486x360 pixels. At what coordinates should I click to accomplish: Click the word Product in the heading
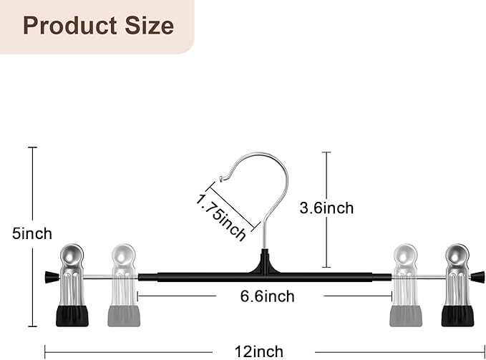coord(70,26)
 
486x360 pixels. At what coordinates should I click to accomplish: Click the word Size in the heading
coord(149,26)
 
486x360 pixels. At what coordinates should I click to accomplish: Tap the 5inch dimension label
coord(32,233)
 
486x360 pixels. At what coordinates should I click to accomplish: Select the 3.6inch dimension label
coord(326,208)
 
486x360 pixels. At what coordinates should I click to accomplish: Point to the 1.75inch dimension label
coord(220,217)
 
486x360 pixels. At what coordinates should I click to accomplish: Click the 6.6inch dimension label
coord(267,296)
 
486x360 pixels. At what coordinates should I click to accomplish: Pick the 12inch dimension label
coord(259,352)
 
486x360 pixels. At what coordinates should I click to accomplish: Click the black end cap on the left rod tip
coord(52,277)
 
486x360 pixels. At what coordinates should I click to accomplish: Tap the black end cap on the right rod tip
coord(477,277)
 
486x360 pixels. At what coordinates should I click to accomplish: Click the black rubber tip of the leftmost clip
coord(72,316)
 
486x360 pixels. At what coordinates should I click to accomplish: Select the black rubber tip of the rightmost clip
coord(457,316)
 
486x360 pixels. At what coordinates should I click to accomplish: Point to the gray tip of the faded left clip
coord(124,316)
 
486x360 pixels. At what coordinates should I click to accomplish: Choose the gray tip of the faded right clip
coord(406,316)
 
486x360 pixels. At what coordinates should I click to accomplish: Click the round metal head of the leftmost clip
coord(72,256)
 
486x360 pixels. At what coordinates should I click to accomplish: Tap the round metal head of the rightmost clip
coord(457,256)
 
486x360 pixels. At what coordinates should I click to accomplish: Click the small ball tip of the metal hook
coord(220,178)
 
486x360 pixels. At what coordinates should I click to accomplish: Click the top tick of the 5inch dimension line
coord(32,147)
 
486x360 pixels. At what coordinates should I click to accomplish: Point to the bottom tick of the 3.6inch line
coord(326,267)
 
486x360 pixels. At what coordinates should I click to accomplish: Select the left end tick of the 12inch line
coord(45,352)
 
